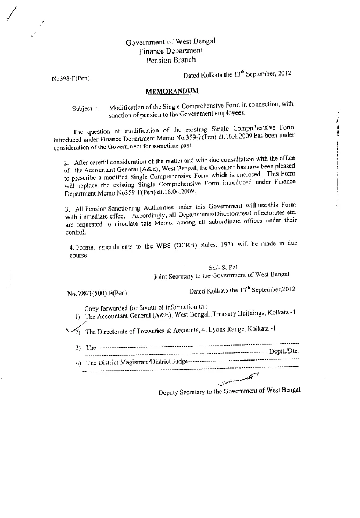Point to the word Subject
82,108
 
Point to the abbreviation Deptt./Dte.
284,351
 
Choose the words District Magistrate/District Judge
137,362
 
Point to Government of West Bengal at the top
170,42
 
